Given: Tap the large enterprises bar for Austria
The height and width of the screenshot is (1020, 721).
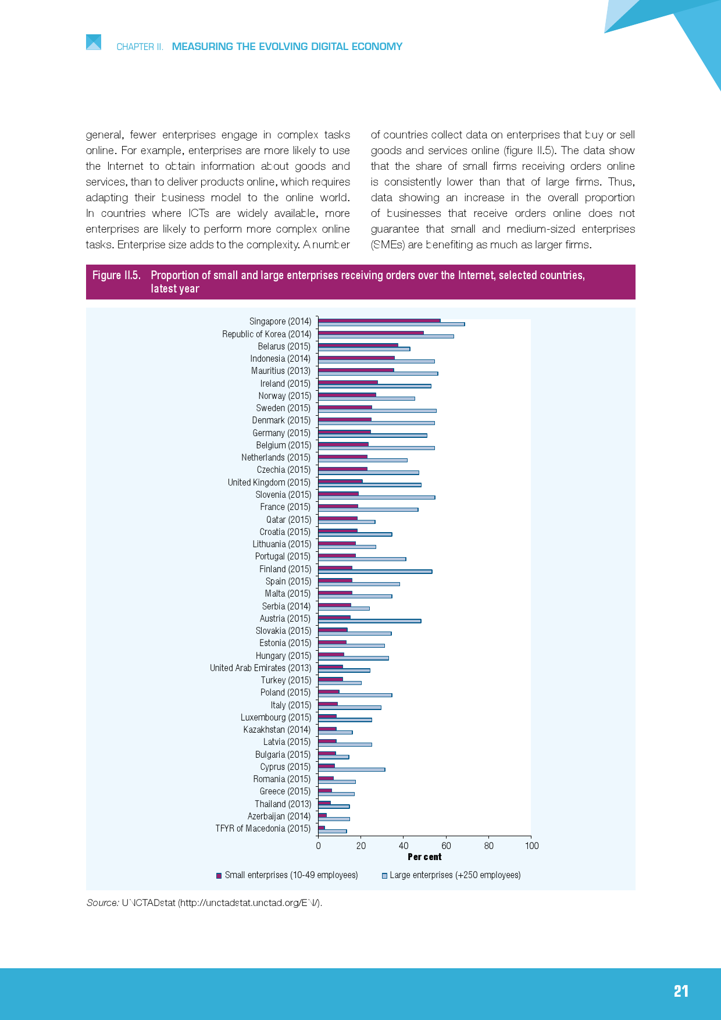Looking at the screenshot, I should (369, 621).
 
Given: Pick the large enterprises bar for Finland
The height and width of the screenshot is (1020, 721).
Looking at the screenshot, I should (374, 572).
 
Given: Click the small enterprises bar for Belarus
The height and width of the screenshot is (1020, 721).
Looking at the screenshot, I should (358, 345).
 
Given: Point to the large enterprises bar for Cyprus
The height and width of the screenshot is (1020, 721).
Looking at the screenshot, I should (351, 769).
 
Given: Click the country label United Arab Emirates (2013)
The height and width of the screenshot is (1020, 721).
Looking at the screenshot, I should (260, 668).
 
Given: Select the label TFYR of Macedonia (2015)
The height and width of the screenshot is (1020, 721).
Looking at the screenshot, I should (263, 829).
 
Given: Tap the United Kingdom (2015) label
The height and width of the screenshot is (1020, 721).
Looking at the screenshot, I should (269, 483).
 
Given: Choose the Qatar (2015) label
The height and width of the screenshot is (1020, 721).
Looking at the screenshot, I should (288, 520).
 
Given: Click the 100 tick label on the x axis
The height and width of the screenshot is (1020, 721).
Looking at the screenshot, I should (531, 846).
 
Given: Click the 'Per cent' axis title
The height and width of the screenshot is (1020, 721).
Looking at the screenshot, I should (424, 857).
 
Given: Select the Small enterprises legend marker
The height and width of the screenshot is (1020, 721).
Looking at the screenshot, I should (219, 876).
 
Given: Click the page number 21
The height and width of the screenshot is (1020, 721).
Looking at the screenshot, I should (681, 992).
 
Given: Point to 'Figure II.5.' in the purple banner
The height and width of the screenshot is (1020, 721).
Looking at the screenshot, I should (116, 275).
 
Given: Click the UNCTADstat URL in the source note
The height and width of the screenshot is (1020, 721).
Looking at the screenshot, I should (249, 903).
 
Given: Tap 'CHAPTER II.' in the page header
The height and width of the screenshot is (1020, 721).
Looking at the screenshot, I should (140, 47).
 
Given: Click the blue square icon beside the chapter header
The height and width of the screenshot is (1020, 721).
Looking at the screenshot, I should (94, 42).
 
